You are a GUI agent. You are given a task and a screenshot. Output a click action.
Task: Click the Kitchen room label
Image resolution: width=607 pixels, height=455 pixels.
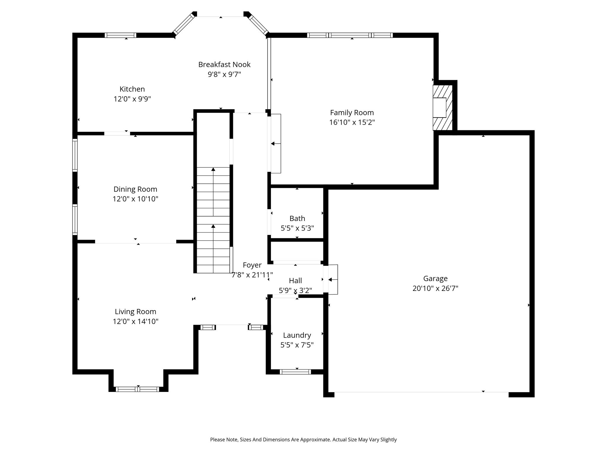(x=132, y=89)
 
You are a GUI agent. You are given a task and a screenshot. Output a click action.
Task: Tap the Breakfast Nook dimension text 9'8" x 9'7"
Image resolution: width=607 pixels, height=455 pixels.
(x=224, y=74)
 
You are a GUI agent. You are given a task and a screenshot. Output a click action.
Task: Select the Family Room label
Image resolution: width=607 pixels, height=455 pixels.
(x=352, y=113)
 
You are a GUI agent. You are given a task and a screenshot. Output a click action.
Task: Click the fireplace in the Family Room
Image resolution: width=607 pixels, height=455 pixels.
(x=443, y=108)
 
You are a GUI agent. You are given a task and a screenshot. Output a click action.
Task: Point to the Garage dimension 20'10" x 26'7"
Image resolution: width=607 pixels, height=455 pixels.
(x=435, y=288)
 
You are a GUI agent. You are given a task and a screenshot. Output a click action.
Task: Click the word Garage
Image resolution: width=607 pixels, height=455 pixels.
(x=435, y=278)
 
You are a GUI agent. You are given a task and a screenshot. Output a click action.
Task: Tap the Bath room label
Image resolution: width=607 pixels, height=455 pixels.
(x=297, y=218)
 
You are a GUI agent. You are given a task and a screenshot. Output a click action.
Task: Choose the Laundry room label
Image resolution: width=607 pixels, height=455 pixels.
(x=297, y=335)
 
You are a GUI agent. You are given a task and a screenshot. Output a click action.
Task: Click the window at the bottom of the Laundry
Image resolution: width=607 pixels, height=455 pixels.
(x=295, y=372)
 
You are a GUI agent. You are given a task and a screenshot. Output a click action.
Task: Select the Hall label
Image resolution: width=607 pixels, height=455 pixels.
(x=295, y=281)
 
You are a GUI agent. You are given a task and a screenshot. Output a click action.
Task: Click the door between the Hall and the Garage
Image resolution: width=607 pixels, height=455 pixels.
(x=330, y=279)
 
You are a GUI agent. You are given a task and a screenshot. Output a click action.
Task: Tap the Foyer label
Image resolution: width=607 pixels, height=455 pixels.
(x=252, y=265)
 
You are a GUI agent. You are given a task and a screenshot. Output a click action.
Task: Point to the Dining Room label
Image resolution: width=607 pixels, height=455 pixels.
(x=135, y=189)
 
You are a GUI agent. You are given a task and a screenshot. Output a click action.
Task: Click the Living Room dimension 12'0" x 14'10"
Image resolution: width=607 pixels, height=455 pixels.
(x=135, y=321)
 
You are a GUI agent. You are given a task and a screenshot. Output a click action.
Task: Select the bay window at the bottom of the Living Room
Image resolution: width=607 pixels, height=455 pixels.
(x=137, y=389)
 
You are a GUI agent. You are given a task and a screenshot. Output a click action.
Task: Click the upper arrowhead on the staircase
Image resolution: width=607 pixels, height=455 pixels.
(x=213, y=169)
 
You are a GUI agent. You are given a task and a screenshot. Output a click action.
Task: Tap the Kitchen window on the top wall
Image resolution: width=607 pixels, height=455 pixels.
(x=120, y=35)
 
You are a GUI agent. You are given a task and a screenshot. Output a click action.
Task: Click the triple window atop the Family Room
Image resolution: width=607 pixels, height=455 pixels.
(x=350, y=35)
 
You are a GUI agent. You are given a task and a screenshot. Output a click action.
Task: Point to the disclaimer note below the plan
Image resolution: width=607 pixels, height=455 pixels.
(x=303, y=440)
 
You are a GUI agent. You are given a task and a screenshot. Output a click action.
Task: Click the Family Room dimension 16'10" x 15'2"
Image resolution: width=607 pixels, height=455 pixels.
(x=352, y=122)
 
